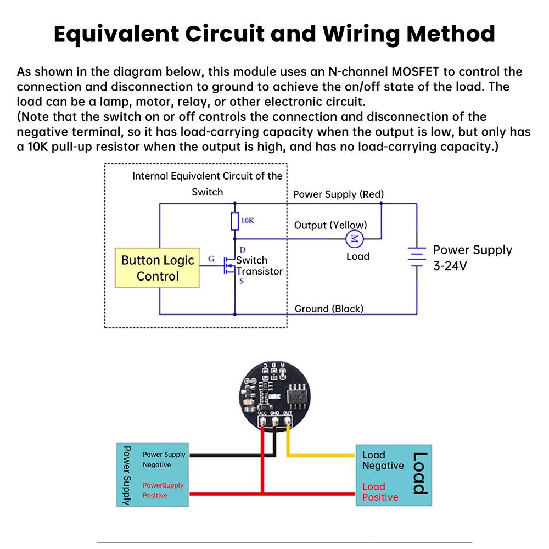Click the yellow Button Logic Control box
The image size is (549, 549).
[x=158, y=268]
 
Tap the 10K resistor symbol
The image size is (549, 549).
[x=235, y=221]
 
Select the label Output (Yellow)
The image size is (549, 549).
[x=330, y=225]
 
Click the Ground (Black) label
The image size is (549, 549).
[x=329, y=309]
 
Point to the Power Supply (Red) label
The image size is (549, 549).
[x=338, y=194]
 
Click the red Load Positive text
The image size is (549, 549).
[x=380, y=492]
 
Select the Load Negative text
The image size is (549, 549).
[x=382, y=460]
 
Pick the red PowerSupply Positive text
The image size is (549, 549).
[x=163, y=490]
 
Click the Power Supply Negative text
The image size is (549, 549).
[x=164, y=460]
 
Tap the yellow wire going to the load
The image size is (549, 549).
[x=324, y=455]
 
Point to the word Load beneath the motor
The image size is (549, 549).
[x=357, y=256]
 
